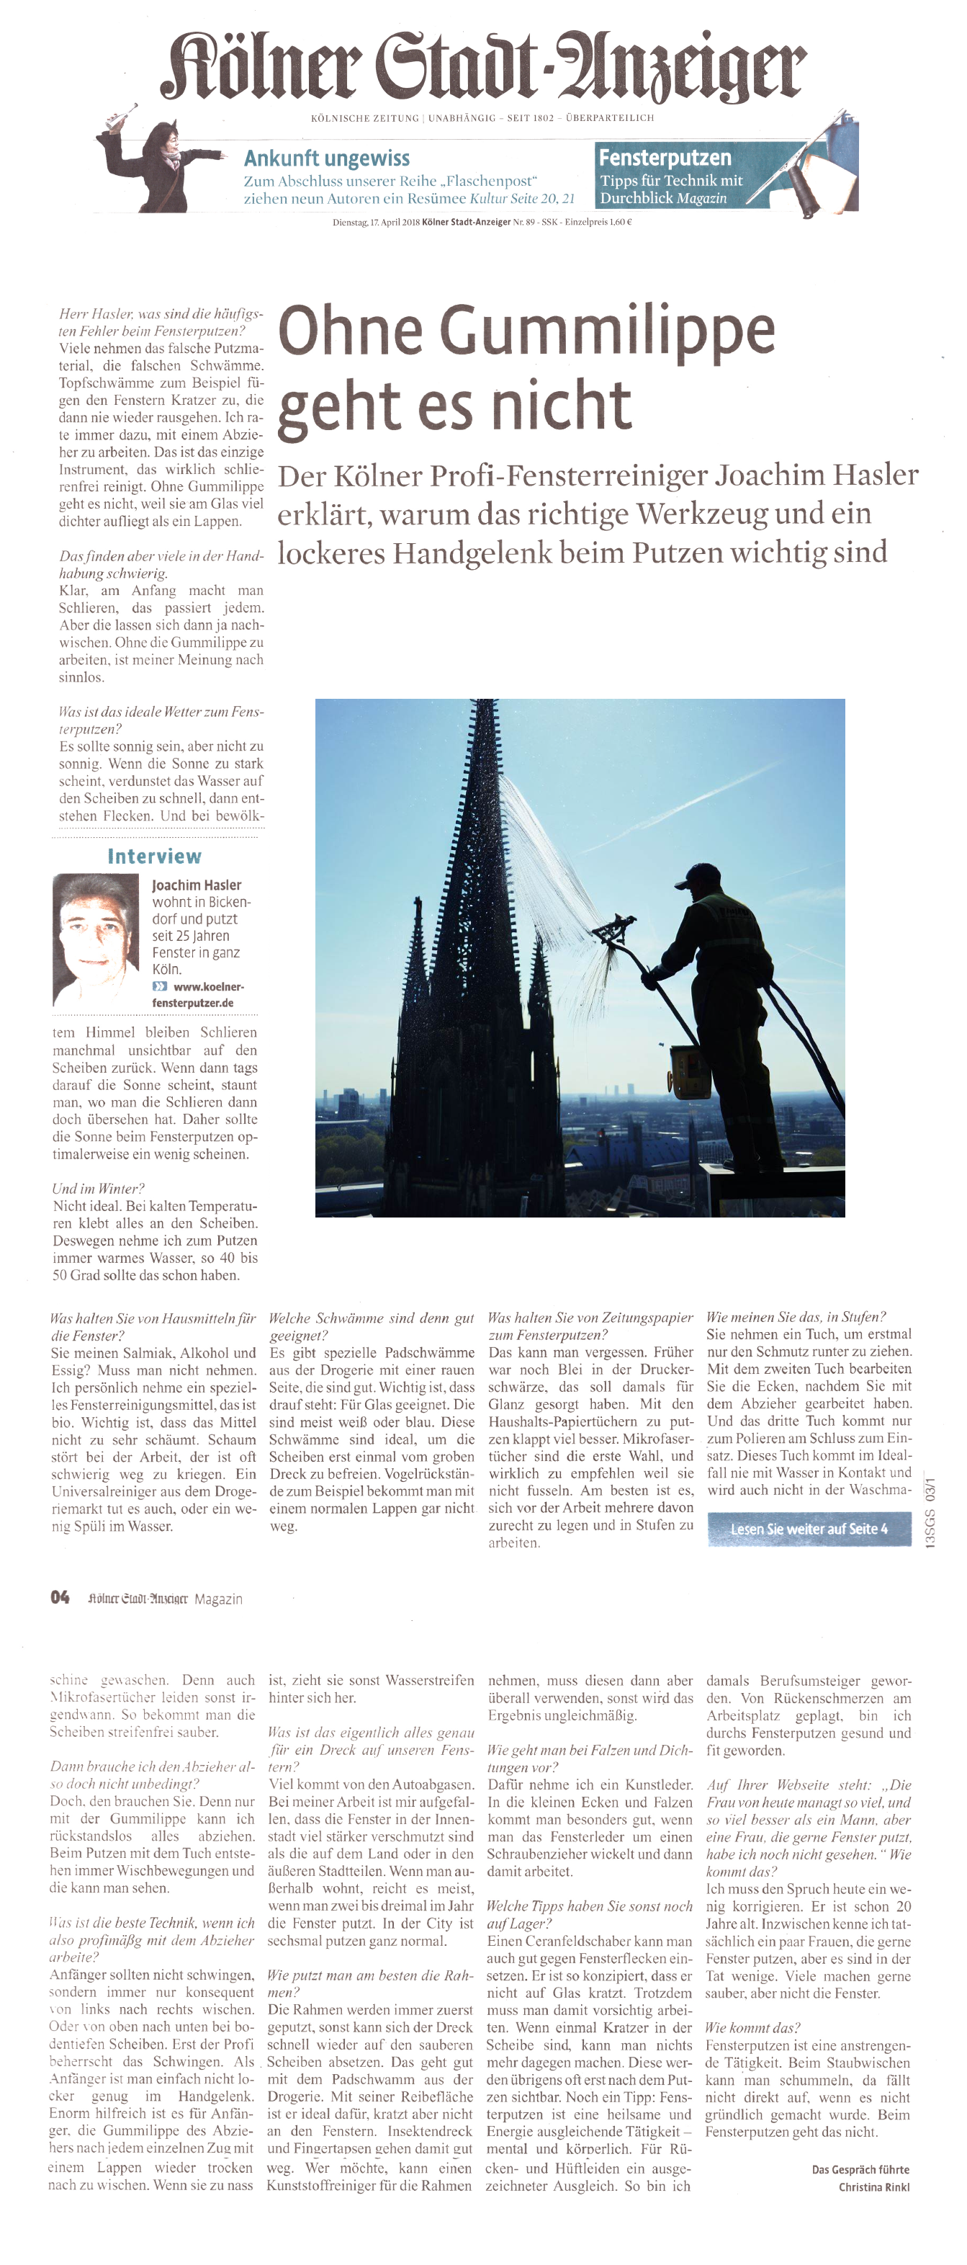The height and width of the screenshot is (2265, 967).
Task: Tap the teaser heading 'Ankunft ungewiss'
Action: click(326, 158)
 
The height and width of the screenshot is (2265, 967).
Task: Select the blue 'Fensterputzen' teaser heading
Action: click(665, 157)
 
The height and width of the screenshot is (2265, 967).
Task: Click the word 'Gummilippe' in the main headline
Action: click(606, 331)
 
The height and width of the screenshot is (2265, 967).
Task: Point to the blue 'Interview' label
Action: click(154, 857)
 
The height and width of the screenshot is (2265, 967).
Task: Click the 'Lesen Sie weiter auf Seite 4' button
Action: click(809, 1529)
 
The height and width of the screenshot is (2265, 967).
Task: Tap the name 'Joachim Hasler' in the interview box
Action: click(196, 885)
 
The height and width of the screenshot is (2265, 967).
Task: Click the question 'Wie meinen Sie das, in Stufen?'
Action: click(796, 1316)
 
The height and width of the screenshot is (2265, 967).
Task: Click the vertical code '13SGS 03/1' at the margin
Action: click(930, 1512)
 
